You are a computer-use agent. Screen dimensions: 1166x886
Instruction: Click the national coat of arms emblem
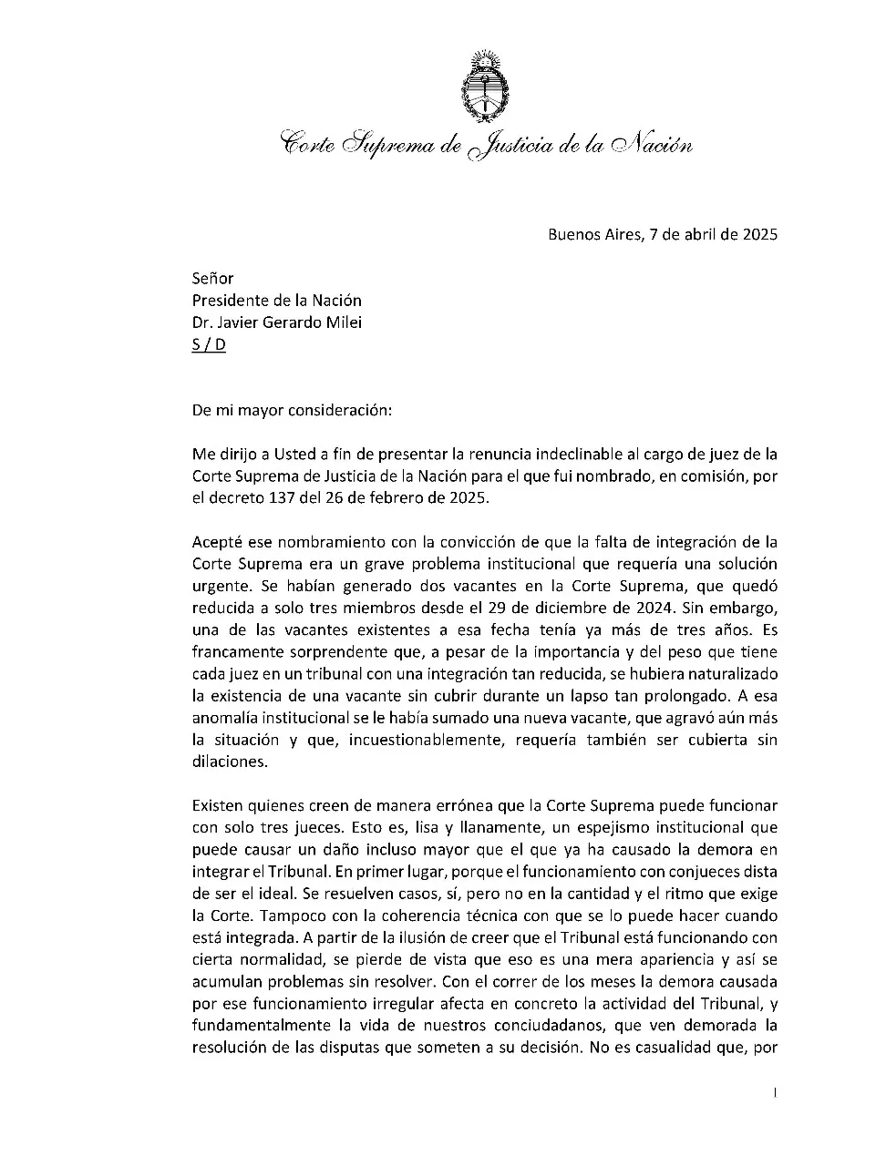pyautogui.click(x=484, y=87)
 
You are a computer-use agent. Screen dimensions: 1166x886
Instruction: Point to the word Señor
pyautogui.click(x=212, y=279)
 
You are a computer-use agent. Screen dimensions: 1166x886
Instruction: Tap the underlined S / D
pyautogui.click(x=209, y=344)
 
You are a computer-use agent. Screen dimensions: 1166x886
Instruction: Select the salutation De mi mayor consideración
pyautogui.click(x=292, y=410)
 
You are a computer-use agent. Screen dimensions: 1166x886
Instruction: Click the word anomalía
pyautogui.click(x=223, y=718)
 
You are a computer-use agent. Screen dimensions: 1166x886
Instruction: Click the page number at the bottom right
pyautogui.click(x=774, y=1092)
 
